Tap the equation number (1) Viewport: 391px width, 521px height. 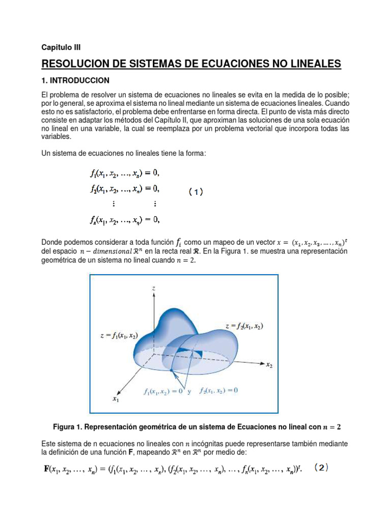[195, 192]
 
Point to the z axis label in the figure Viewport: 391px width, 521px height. [153, 288]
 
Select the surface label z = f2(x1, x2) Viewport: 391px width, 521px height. [244, 326]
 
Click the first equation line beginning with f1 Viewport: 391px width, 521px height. [125, 172]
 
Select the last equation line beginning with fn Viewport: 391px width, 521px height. [125, 220]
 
